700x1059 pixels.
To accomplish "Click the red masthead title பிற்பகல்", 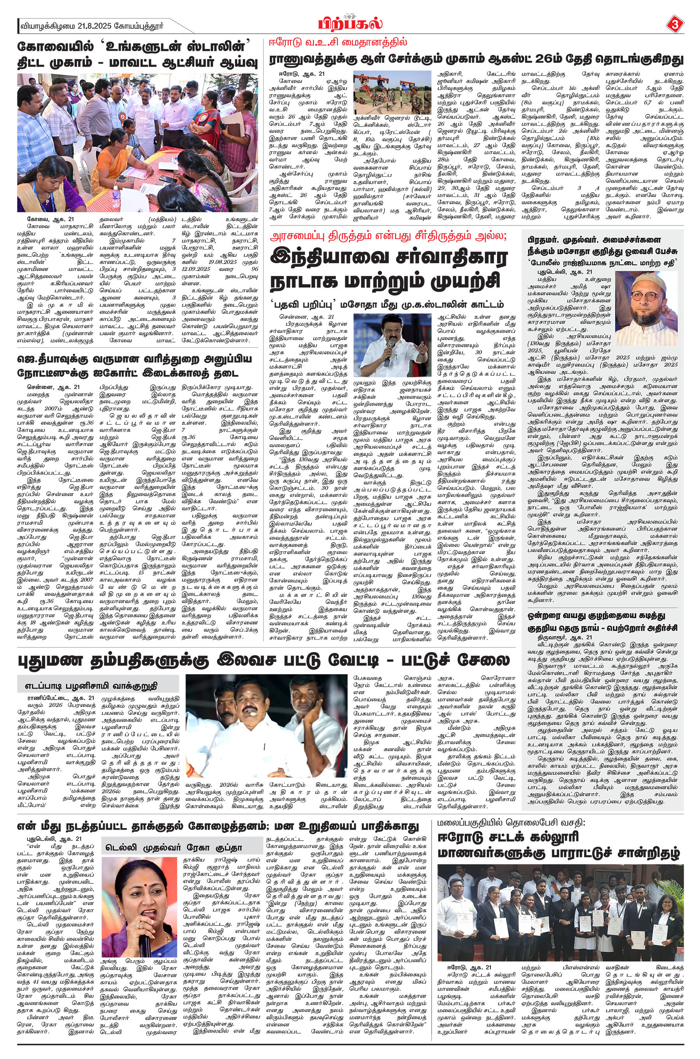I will pyautogui.click(x=350, y=24).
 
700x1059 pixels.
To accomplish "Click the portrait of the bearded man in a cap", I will pyautogui.click(x=646, y=302).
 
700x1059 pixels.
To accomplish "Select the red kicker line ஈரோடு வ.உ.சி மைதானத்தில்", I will pyautogui.click(x=338, y=43).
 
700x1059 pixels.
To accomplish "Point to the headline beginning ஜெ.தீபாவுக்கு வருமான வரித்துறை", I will pyautogui.click(x=134, y=360).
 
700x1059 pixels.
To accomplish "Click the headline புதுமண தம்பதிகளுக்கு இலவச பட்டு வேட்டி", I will pyautogui.click(x=263, y=660).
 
